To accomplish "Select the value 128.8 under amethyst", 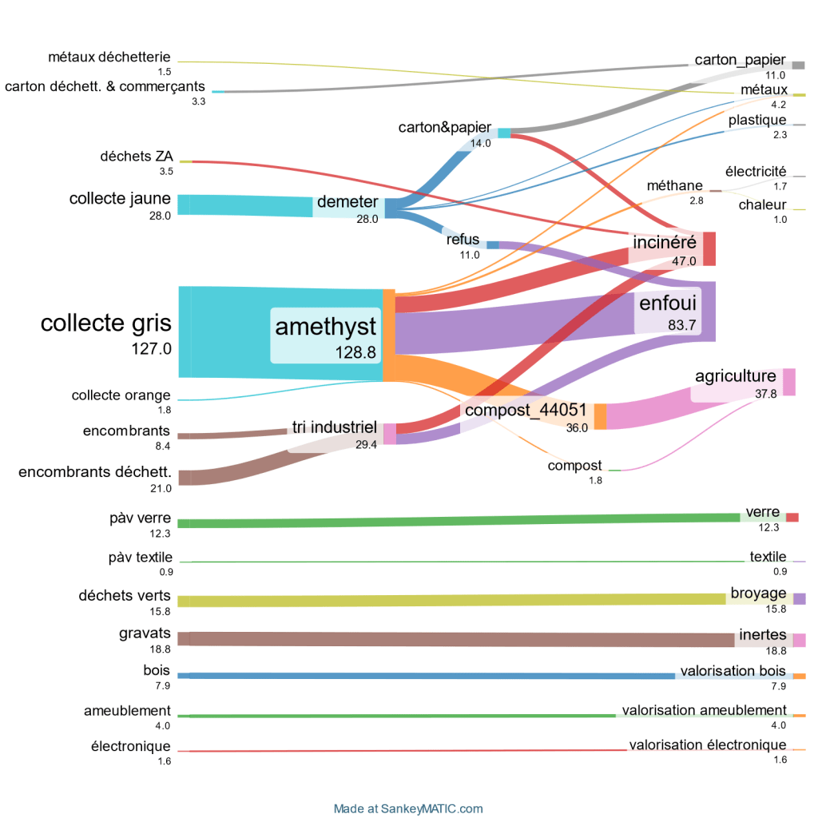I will (x=355, y=351).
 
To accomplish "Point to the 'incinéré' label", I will (x=665, y=241).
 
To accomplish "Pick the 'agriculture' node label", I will (x=735, y=376).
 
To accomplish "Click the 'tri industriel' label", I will (x=334, y=427).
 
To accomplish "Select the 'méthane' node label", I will (x=675, y=186).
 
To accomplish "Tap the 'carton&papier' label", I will (x=444, y=128).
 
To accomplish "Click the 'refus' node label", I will (x=463, y=240).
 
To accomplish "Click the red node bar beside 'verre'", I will (x=792, y=518).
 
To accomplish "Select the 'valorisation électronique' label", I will (x=708, y=745).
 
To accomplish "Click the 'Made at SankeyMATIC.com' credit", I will (x=408, y=808).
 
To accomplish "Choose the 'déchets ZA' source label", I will (x=137, y=157).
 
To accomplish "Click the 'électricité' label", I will (x=755, y=172).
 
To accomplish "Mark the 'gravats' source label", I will (x=149, y=633).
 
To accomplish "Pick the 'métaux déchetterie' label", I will (x=109, y=57).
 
